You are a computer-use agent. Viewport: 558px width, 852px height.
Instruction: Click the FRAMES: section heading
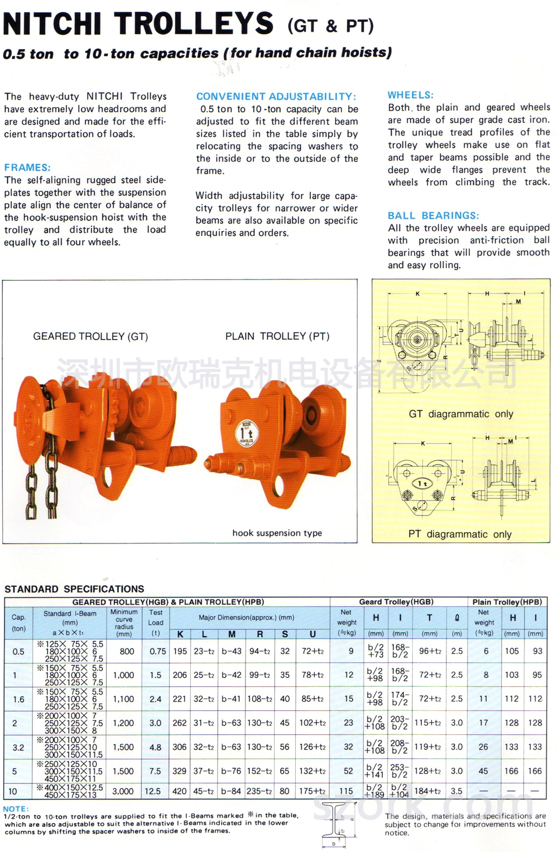(27, 167)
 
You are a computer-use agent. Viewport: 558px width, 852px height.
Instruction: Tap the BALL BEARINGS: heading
(433, 215)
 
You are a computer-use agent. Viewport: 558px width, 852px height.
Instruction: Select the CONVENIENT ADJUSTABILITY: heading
(276, 97)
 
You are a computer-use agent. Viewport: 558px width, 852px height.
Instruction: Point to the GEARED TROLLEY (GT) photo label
(90, 336)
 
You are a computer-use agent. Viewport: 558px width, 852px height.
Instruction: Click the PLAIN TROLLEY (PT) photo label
(277, 336)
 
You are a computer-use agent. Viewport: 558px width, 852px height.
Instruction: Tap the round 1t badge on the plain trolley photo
(246, 432)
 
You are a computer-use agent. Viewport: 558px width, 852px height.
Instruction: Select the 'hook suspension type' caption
(277, 533)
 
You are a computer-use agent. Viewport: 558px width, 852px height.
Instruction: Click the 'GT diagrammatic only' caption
(461, 414)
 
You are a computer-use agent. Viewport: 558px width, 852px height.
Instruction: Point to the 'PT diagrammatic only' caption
(460, 534)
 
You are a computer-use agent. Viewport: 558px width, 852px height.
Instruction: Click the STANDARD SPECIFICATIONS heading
(74, 589)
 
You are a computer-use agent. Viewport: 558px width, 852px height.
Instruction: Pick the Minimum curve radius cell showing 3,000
(123, 791)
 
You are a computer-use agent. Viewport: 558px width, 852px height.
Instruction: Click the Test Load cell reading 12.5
(152, 791)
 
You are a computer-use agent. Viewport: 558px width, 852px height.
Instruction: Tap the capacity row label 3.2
(18, 747)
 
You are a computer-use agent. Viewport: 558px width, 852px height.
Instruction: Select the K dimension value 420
(179, 791)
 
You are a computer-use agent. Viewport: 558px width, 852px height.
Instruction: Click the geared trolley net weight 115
(346, 791)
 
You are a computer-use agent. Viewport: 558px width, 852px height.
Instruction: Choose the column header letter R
(259, 634)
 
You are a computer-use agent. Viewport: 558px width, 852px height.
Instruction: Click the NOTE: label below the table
(16, 808)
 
